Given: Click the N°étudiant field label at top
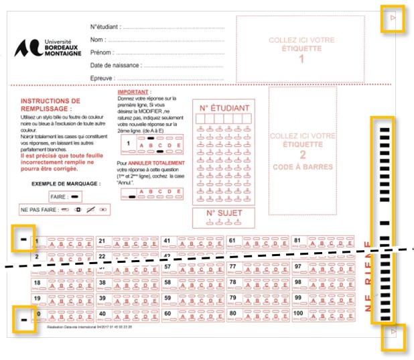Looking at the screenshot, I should coord(105,27).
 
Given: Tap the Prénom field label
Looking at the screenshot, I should coord(101,52).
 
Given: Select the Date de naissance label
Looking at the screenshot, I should coord(115,65).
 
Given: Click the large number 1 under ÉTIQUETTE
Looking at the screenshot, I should coord(301,58).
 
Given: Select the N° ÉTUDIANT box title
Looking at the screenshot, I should coord(224,107).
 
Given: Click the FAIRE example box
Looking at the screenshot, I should coord(66,196).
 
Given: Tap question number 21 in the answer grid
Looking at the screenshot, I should coord(102,240).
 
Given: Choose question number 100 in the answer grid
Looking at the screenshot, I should coord(298,313).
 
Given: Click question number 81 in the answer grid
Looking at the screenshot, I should coord(298,240).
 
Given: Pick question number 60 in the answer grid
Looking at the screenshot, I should coord(167,313).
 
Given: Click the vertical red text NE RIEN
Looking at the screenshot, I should coord(367,275).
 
